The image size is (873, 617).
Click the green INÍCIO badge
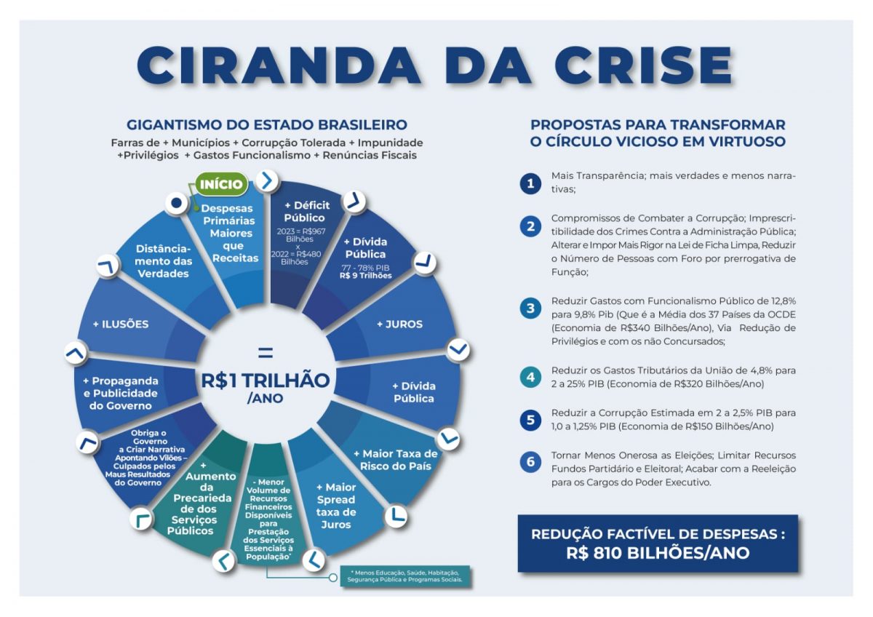(221, 184)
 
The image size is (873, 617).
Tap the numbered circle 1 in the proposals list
(530, 183)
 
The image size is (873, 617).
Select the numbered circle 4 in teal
(530, 377)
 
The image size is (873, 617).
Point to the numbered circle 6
(530, 462)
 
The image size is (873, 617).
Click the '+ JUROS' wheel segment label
(399, 325)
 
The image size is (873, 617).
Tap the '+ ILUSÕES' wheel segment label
(121, 325)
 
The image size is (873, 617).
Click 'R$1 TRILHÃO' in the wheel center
(265, 381)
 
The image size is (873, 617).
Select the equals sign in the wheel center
(266, 353)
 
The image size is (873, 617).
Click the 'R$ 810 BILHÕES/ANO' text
(658, 553)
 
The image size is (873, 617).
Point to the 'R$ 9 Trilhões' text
(365, 276)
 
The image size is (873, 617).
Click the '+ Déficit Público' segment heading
(307, 212)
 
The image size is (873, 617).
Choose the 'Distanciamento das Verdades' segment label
(163, 261)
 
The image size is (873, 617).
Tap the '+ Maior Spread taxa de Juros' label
(336, 506)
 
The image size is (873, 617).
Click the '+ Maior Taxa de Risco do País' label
(396, 460)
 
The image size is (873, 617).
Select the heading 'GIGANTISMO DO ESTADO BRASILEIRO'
(267, 125)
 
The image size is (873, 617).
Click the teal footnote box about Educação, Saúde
(405, 576)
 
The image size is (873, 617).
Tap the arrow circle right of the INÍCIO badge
(268, 181)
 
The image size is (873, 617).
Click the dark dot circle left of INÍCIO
(177, 203)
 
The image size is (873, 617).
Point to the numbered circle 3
(530, 308)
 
